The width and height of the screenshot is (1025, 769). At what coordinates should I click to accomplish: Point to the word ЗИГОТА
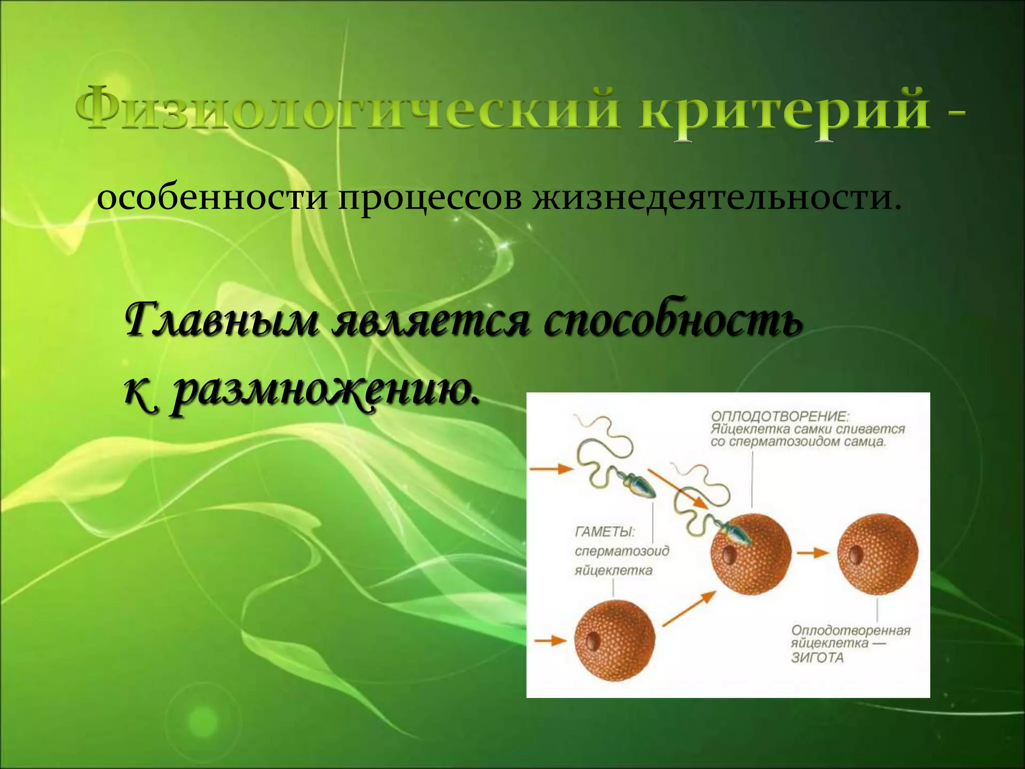(x=817, y=657)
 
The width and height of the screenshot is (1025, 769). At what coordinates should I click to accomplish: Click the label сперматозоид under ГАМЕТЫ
(x=622, y=551)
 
